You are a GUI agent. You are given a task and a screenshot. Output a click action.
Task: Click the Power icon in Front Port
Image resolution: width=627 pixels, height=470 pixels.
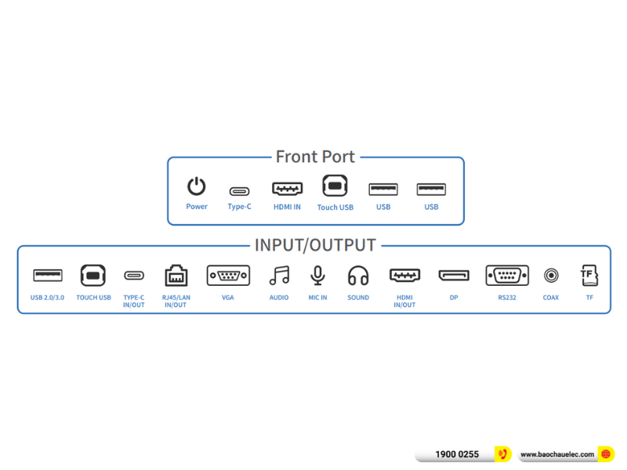pyautogui.click(x=196, y=186)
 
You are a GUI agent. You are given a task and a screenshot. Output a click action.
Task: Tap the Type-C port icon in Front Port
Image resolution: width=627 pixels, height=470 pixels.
pyautogui.click(x=239, y=190)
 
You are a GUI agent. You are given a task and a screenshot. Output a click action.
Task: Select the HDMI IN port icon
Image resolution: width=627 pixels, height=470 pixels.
pyautogui.click(x=287, y=189)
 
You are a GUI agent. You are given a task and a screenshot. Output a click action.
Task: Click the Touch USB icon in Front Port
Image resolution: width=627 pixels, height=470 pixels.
pyautogui.click(x=335, y=186)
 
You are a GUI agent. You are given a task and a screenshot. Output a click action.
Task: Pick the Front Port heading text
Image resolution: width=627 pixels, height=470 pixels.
pyautogui.click(x=315, y=157)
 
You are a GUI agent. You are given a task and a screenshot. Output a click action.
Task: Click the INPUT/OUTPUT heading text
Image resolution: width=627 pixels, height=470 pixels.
pyautogui.click(x=315, y=245)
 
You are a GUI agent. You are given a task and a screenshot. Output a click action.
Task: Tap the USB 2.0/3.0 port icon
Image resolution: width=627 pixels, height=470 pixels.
pyautogui.click(x=48, y=275)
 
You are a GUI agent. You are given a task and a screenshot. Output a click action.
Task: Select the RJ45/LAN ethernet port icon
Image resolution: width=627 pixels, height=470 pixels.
pyautogui.click(x=176, y=276)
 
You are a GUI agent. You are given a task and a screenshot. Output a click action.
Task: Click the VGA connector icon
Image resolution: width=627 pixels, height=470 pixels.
pyautogui.click(x=228, y=276)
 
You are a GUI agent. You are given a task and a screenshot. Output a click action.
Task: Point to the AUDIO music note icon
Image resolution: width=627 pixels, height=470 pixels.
pyautogui.click(x=279, y=276)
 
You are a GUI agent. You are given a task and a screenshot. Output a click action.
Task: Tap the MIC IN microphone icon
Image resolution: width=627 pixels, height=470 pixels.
pyautogui.click(x=317, y=276)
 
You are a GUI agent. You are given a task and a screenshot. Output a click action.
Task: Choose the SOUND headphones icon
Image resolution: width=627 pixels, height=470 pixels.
pyautogui.click(x=358, y=276)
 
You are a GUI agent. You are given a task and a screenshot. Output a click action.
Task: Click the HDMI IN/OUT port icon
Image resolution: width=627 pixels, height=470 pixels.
pyautogui.click(x=404, y=276)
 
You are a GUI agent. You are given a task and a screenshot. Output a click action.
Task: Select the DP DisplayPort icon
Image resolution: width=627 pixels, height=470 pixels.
pyautogui.click(x=454, y=276)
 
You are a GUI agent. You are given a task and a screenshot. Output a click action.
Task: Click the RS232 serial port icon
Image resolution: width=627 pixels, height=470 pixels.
pyautogui.click(x=506, y=276)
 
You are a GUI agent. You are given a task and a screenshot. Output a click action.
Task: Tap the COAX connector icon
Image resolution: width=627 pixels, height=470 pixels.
pyautogui.click(x=551, y=276)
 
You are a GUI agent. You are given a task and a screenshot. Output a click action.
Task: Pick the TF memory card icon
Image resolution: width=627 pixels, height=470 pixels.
pyautogui.click(x=589, y=275)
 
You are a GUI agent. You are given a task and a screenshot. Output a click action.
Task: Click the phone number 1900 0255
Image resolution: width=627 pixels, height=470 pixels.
pyautogui.click(x=457, y=454)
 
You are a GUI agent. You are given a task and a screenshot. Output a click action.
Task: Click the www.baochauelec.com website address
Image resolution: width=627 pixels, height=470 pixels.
pyautogui.click(x=557, y=454)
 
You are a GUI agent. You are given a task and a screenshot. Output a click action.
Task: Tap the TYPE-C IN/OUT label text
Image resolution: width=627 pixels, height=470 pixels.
pyautogui.click(x=134, y=301)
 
